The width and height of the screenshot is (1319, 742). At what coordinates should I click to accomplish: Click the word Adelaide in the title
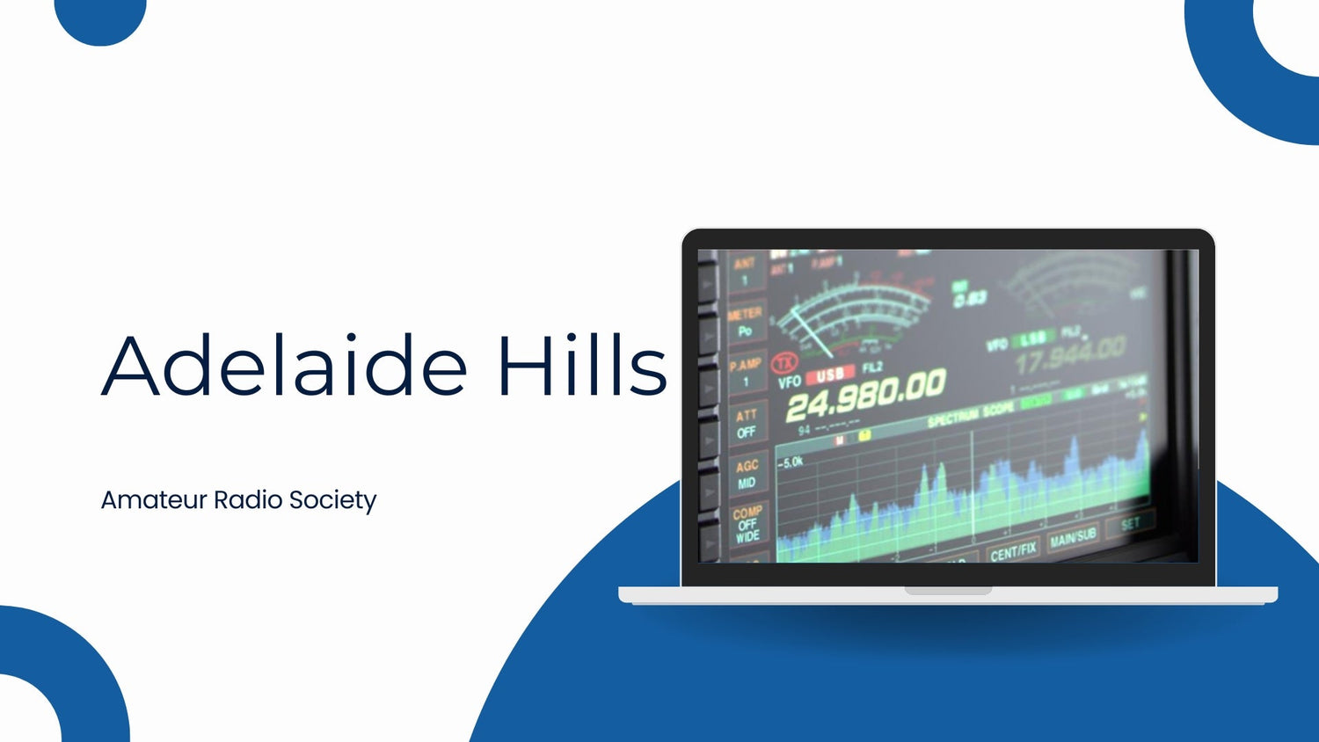pyautogui.click(x=284, y=365)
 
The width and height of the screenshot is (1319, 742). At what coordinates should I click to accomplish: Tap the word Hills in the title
pyautogui.click(x=581, y=365)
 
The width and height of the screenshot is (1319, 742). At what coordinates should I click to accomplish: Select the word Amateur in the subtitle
pyautogui.click(x=154, y=500)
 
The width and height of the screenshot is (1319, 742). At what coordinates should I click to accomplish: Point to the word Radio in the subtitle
pyautogui.click(x=248, y=500)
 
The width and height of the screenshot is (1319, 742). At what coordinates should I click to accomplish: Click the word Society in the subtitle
pyautogui.click(x=332, y=500)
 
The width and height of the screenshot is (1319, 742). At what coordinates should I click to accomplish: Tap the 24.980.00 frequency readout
pyautogui.click(x=865, y=393)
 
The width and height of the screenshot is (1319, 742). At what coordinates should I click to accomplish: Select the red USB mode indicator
pyautogui.click(x=829, y=375)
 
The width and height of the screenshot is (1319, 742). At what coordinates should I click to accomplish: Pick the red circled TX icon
pyautogui.click(x=783, y=362)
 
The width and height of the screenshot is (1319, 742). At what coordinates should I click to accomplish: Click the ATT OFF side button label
pyautogui.click(x=747, y=424)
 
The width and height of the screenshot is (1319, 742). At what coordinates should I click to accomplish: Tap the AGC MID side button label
pyautogui.click(x=747, y=475)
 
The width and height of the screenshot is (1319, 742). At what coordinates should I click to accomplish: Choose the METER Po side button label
pyautogui.click(x=745, y=322)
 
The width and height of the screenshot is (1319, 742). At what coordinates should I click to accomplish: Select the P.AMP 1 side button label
pyautogui.click(x=746, y=373)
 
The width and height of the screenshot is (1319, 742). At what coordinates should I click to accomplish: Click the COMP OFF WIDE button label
pyautogui.click(x=747, y=524)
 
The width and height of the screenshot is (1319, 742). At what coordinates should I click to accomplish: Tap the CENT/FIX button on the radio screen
pyautogui.click(x=1013, y=551)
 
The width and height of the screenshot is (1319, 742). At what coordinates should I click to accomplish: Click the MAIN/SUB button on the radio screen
pyautogui.click(x=1073, y=536)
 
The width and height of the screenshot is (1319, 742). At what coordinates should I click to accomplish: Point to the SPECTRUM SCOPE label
pyautogui.click(x=971, y=416)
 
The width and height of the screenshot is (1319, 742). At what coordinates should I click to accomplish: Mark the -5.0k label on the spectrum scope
pyautogui.click(x=791, y=462)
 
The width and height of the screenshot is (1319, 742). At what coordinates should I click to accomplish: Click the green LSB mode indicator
pyautogui.click(x=1034, y=338)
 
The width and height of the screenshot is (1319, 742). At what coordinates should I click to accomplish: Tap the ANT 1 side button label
pyautogui.click(x=744, y=271)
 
